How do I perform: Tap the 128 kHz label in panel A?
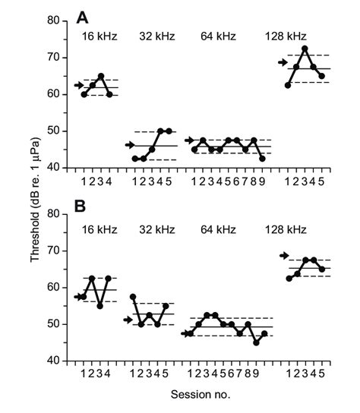286,36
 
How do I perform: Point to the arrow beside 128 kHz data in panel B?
284,256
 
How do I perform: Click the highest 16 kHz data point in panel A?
101,76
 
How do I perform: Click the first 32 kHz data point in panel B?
134,297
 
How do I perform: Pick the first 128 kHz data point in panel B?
288,279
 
